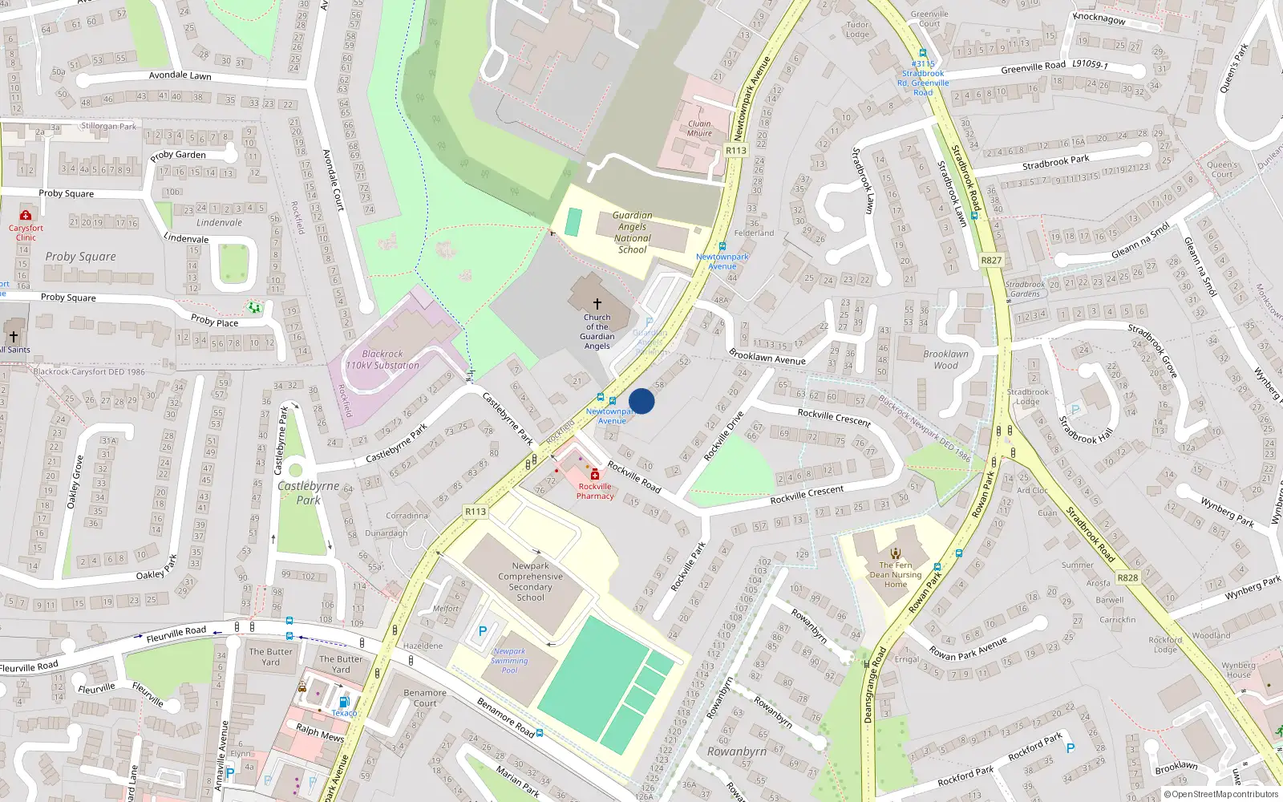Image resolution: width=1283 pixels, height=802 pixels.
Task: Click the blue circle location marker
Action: point(641,401)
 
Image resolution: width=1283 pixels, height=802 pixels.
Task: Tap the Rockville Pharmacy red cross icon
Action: point(595,475)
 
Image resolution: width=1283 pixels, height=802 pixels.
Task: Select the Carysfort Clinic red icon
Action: point(26,215)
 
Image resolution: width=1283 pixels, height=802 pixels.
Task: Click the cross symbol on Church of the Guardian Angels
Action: point(597,304)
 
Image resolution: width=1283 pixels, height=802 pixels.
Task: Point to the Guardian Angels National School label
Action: point(633,233)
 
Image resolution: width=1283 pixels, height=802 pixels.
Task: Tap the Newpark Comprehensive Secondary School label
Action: point(530,581)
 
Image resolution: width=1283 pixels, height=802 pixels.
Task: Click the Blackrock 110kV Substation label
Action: point(382,359)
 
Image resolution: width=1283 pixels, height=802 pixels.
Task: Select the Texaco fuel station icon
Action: point(344,702)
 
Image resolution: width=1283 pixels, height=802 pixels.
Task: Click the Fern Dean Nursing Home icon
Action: point(896,553)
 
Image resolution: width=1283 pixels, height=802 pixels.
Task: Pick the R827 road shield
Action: point(991,260)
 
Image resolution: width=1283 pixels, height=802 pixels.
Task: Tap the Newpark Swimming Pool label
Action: point(510,661)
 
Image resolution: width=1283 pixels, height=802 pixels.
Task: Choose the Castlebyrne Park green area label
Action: point(309,492)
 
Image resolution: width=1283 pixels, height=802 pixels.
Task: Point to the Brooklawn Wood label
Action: point(945,359)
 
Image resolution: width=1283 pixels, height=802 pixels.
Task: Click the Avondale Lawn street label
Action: point(180,75)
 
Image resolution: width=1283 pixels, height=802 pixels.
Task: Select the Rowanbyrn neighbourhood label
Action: point(737,751)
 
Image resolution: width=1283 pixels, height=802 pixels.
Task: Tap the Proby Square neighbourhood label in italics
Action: point(80,257)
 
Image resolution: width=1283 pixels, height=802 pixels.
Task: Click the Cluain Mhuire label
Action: point(699,128)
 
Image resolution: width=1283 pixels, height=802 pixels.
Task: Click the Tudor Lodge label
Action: point(857,30)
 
